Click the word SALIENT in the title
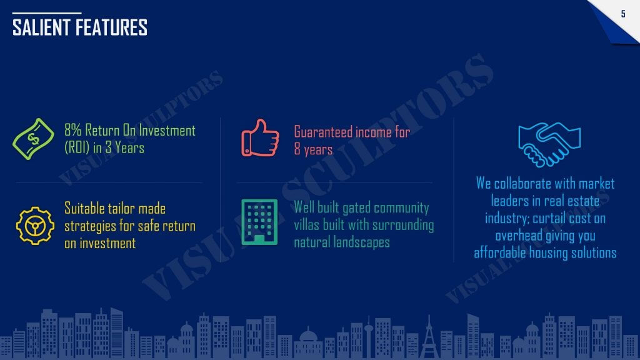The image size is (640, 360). click(x=42, y=27)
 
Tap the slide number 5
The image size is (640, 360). click(x=623, y=14)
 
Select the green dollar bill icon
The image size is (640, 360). click(x=33, y=139)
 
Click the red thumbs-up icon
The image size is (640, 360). click(x=260, y=138)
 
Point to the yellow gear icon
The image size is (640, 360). click(x=35, y=226)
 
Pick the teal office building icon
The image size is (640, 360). click(x=259, y=222)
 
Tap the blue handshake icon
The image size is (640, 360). click(x=549, y=144)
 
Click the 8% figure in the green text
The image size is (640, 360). click(x=73, y=130)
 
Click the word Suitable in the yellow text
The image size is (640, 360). click(x=84, y=208)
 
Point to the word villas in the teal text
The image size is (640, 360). click(x=306, y=225)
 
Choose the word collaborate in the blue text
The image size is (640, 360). click(x=522, y=184)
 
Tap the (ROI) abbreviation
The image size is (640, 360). click(x=77, y=147)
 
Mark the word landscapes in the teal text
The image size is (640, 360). click(x=362, y=242)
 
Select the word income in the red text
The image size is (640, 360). click(x=373, y=132)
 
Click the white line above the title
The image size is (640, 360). click(x=46, y=13)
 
